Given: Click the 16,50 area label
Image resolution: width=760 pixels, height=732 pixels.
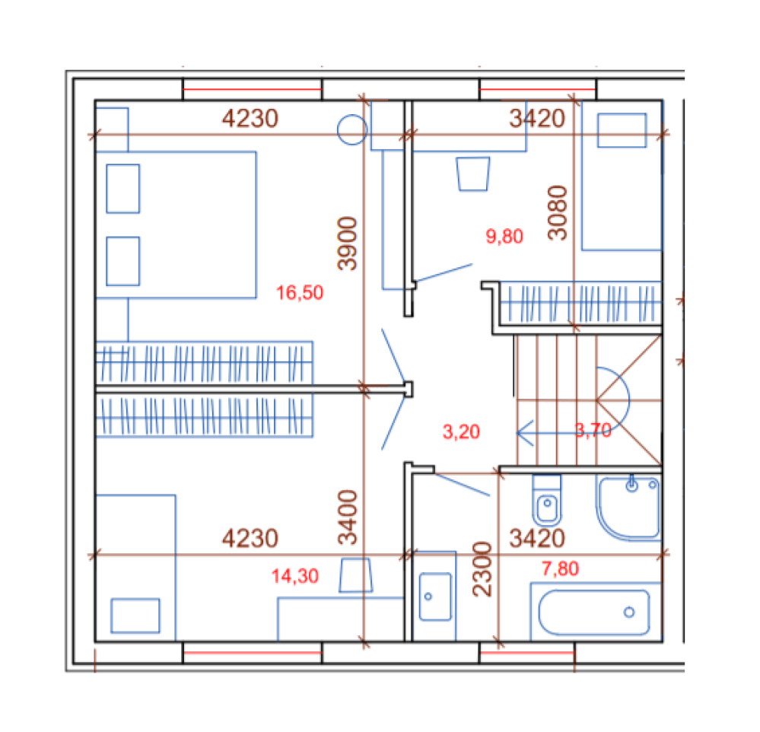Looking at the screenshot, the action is [300, 293].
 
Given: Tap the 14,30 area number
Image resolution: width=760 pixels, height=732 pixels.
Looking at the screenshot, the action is [294, 576].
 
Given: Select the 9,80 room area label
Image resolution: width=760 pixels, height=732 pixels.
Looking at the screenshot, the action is [504, 237].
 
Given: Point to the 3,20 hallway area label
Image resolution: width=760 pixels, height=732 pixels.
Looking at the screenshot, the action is [461, 432].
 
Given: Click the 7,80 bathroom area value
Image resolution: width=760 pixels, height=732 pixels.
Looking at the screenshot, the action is [560, 568].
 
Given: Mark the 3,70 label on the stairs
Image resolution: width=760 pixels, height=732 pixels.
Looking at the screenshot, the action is [593, 431].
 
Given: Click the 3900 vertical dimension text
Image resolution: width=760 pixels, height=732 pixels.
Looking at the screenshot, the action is [348, 243].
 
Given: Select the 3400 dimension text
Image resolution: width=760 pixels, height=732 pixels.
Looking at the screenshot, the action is [348, 517].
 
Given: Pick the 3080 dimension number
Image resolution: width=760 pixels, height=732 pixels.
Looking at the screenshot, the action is [557, 213].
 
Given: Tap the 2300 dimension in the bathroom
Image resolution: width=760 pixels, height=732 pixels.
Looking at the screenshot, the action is [482, 569].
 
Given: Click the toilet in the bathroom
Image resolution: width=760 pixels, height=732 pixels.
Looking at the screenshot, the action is [547, 500].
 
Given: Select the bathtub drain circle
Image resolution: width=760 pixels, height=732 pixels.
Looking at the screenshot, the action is [629, 613].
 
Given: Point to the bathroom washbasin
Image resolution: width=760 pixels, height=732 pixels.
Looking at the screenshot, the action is [435, 597].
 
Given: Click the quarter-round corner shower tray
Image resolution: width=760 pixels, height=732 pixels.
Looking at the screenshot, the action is [628, 508].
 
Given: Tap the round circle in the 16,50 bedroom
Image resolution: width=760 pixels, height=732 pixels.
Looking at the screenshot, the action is [352, 130].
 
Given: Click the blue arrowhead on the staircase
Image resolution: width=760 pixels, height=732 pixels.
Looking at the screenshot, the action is [524, 433].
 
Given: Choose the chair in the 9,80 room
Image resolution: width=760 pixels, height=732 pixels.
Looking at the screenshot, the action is [473, 173].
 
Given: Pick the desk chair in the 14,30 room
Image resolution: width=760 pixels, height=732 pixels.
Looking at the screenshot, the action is [356, 575].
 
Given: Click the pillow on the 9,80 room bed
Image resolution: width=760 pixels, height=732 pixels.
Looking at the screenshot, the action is [622, 130].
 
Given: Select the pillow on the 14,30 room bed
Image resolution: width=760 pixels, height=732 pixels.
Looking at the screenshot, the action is [135, 616].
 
